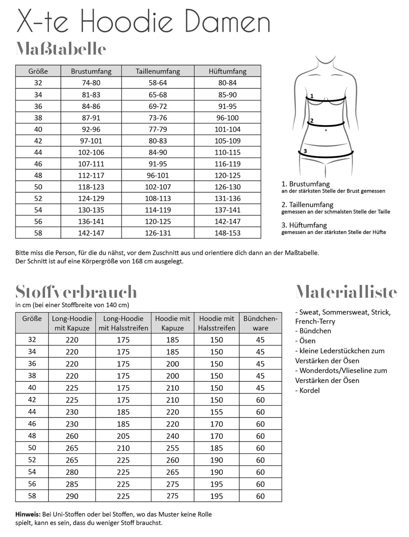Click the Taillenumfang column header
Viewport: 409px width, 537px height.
coord(158,71)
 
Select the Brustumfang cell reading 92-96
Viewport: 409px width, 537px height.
coord(91,129)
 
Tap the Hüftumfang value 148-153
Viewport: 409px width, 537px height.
coord(227,233)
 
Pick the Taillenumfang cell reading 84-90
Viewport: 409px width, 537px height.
coord(158,153)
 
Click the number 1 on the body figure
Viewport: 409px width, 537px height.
coord(312,96)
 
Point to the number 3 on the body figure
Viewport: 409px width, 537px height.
coord(305,151)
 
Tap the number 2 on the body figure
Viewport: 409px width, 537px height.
coord(311,121)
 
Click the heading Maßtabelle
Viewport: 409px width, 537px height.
coord(61,49)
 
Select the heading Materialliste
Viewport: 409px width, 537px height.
coord(346,292)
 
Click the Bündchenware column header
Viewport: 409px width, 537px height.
coord(260,323)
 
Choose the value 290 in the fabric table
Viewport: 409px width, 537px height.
coord(72,496)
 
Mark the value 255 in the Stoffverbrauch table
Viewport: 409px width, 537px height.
coord(172,448)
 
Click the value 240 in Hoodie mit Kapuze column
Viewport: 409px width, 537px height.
coord(172,436)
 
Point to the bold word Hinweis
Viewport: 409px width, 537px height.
coord(28,514)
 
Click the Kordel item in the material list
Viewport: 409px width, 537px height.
coord(309,390)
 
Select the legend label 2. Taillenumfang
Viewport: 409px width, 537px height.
coord(307,205)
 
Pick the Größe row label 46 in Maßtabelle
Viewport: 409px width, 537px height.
coord(38,164)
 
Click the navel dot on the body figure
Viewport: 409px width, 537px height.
coord(326,130)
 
